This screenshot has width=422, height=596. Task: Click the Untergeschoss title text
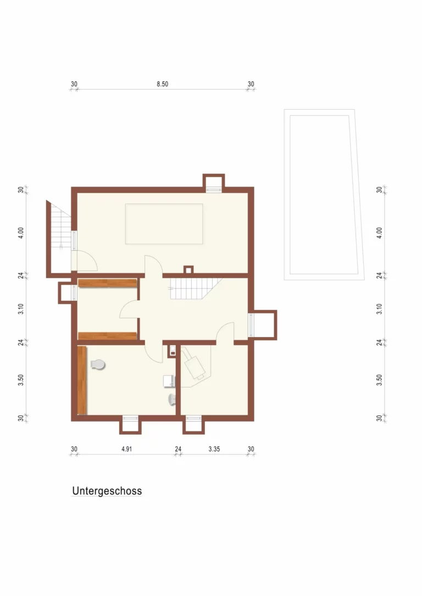pos(107,491)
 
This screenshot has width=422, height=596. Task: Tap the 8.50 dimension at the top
pos(163,84)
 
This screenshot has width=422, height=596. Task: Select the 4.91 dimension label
pos(127,449)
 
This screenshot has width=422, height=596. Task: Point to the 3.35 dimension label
pos(214,449)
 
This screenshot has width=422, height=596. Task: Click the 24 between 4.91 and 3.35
pos(178,449)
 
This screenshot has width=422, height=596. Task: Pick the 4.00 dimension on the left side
pos(21,233)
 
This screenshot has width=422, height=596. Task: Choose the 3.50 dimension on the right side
pos(379,380)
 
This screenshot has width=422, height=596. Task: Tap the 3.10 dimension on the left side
pos(21,308)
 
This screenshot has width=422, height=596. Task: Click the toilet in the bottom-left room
pos(98,364)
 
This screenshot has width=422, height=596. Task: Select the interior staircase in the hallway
pos(195,289)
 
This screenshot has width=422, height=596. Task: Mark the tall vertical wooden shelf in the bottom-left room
pos(82,380)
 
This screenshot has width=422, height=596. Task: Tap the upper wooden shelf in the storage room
pos(107,283)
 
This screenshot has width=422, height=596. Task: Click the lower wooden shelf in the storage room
pos(107,336)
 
